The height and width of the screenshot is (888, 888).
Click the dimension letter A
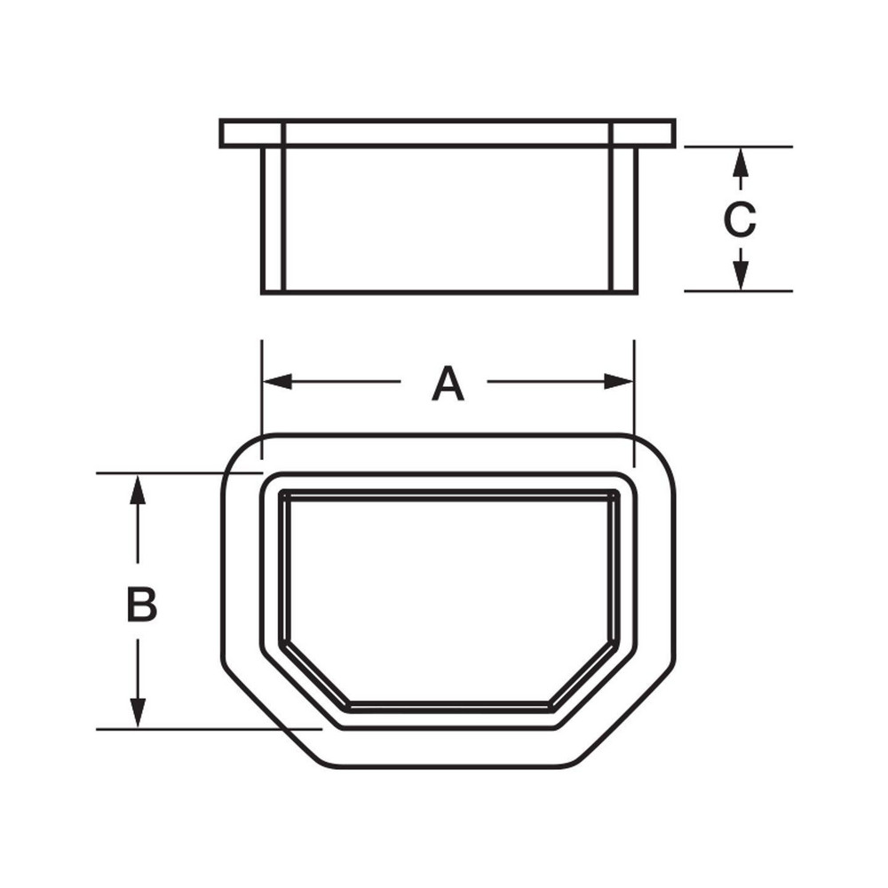448,385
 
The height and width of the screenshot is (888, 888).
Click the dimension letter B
141,605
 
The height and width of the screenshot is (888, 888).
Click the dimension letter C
739,220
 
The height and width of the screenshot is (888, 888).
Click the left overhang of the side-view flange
241,133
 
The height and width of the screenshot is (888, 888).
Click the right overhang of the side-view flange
655,133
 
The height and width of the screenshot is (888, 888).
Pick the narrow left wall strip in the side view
273,218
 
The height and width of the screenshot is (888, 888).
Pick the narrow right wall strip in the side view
624,218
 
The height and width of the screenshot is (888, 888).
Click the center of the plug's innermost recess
449,595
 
